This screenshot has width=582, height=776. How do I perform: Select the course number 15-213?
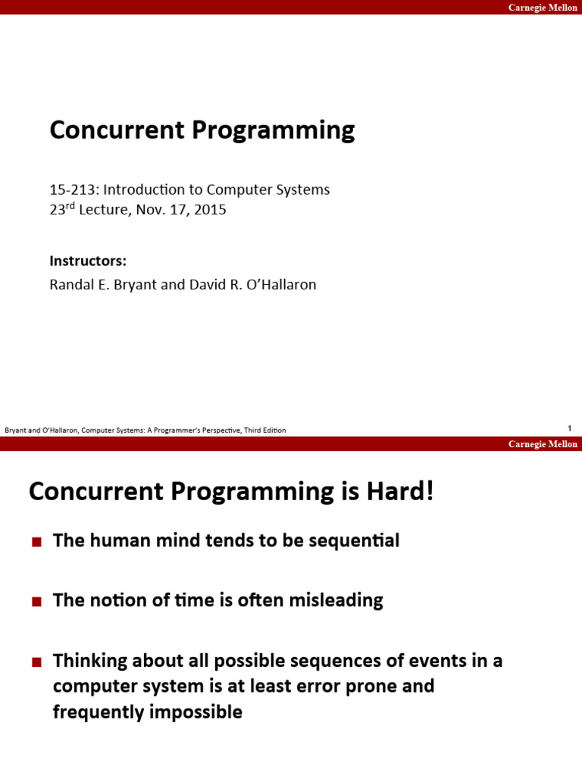pyautogui.click(x=70, y=189)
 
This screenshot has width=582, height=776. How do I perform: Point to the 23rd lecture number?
pyautogui.click(x=62, y=210)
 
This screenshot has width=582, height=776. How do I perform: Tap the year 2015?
pyautogui.click(x=210, y=210)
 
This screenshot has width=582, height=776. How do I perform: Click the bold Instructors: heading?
pyautogui.click(x=88, y=261)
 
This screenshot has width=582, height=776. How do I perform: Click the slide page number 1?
pyautogui.click(x=569, y=429)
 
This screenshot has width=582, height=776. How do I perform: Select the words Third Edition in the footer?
pyautogui.click(x=264, y=430)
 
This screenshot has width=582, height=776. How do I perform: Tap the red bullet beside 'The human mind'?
pyautogui.click(x=36, y=542)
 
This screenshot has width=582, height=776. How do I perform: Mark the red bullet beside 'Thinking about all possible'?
pyautogui.click(x=36, y=662)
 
